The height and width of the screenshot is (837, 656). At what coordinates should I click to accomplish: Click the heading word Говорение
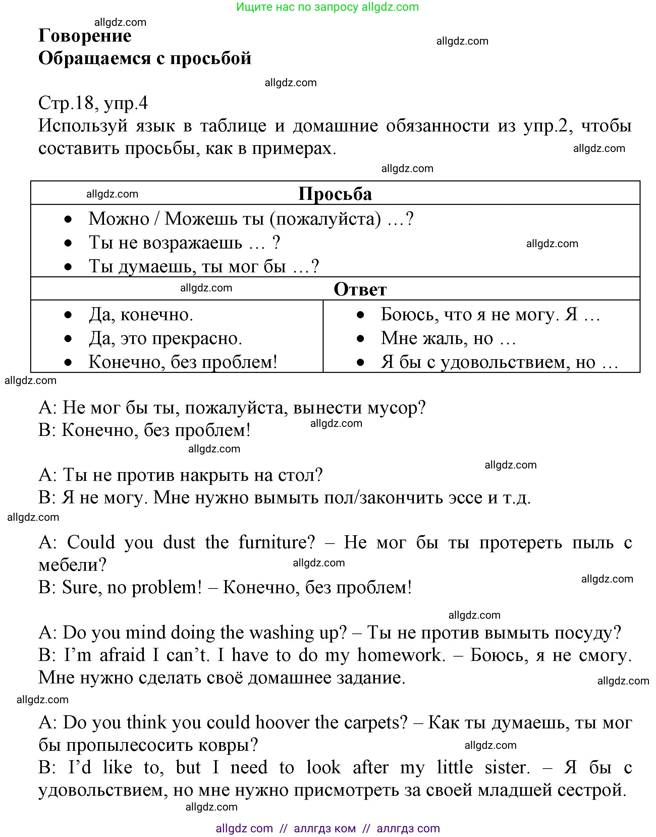[x=85, y=36]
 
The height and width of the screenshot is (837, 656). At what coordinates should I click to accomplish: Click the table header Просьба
[x=335, y=194]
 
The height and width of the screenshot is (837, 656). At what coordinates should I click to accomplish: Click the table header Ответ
[x=360, y=289]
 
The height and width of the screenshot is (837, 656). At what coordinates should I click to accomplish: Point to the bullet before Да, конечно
[x=68, y=315]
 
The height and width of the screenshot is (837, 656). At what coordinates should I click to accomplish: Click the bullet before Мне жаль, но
[x=360, y=339]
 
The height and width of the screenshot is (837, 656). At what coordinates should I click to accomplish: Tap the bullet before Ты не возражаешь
[x=68, y=243]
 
